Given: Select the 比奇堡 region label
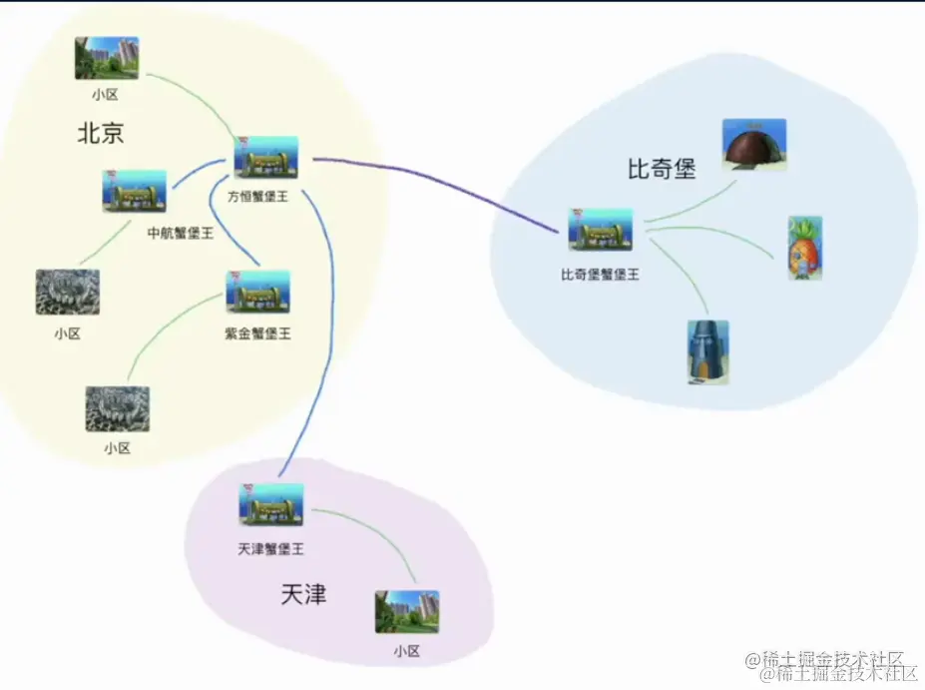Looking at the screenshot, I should pos(661,169).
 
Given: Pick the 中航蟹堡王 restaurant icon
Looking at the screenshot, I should pos(134,191).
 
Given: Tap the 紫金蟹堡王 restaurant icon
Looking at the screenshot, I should pos(257,292).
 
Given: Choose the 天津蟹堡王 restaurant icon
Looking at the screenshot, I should pos(270,505).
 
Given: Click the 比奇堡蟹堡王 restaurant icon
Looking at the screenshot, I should pos(600,230).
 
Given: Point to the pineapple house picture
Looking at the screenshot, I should pos(804,247).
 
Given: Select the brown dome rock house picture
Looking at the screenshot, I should pos(753,145).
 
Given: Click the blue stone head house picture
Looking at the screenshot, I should pos(707,351).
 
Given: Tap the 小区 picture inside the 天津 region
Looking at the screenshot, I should pos(406,611).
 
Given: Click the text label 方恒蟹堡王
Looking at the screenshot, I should pos(264,197).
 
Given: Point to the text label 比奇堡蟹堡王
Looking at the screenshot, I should pos(600,273).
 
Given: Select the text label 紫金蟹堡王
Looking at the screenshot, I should pos(257,334).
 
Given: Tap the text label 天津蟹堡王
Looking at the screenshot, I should pos(270,549).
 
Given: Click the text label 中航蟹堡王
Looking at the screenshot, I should pos(181,233).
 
